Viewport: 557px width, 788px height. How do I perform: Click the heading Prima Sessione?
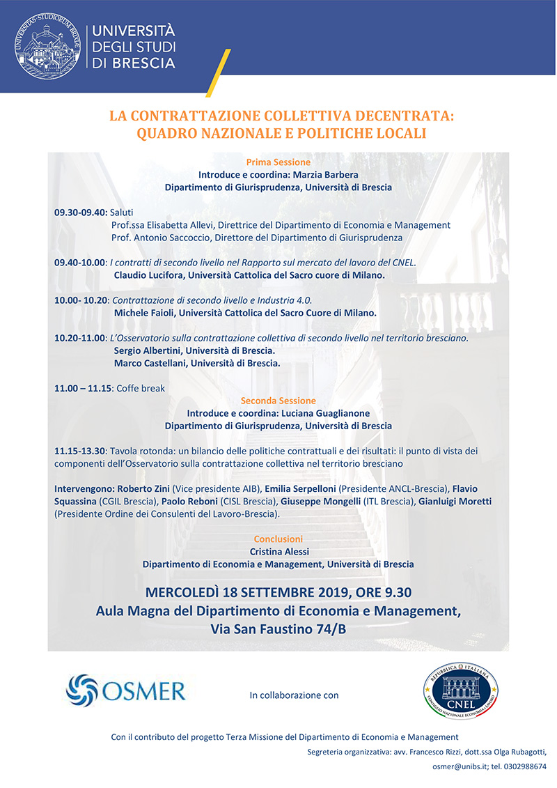(278, 162)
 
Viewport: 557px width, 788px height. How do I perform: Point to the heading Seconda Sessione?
(278, 401)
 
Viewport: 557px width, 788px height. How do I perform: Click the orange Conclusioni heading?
(278, 539)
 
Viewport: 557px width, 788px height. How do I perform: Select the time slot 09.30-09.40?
(81, 213)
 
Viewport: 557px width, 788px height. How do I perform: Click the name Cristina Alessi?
(278, 551)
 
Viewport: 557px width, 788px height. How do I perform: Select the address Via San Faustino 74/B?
(278, 629)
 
